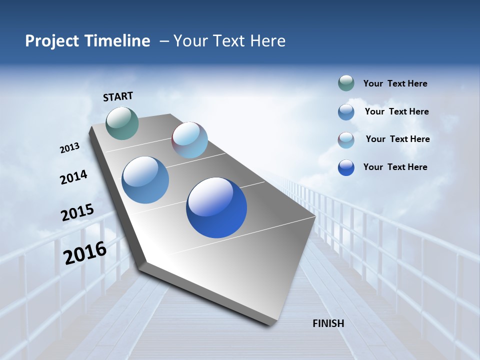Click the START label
pyautogui.click(x=118, y=96)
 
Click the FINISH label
pyautogui.click(x=328, y=323)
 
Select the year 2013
pyautogui.click(x=69, y=148)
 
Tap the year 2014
pyautogui.click(x=73, y=177)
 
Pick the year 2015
pyautogui.click(x=77, y=212)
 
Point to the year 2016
pyautogui.click(x=85, y=252)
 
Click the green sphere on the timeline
pyautogui.click(x=122, y=123)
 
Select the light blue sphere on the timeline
pyautogui.click(x=189, y=140)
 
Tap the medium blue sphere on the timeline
pyautogui.click(x=145, y=180)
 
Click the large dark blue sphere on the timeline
pyautogui.click(x=216, y=207)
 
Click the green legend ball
pyautogui.click(x=346, y=83)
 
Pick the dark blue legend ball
pyautogui.click(x=346, y=167)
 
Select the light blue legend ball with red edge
pyautogui.click(x=346, y=140)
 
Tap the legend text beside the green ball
pyautogui.click(x=395, y=84)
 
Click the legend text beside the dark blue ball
pyautogui.click(x=395, y=167)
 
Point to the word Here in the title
pyautogui.click(x=267, y=41)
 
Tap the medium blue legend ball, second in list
pyautogui.click(x=346, y=112)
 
